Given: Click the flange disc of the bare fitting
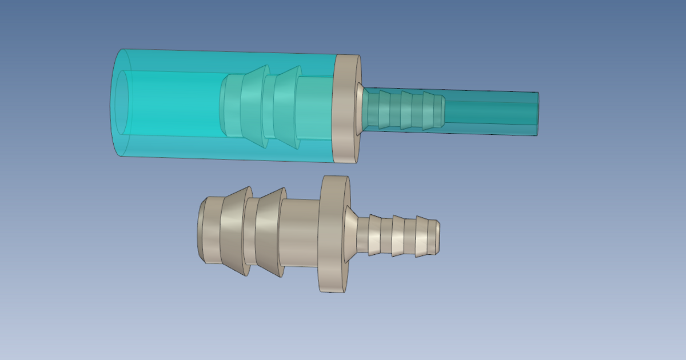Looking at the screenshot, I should click(x=334, y=234).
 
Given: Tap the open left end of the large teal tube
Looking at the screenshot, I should click(x=122, y=103).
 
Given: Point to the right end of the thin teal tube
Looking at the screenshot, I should click(x=537, y=114).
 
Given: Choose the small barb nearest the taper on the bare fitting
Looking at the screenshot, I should click(x=377, y=235).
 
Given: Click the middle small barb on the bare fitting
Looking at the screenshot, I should click(x=401, y=235).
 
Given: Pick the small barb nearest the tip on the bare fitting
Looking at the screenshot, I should click(x=423, y=236).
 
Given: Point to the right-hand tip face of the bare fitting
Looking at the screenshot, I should click(x=438, y=237).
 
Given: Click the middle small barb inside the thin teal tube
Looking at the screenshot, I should click(x=408, y=110).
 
